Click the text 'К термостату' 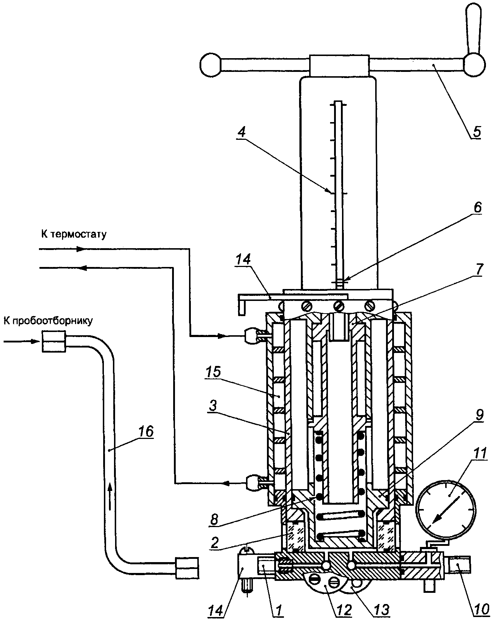click(x=74, y=235)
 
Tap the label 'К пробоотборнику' click(x=48, y=320)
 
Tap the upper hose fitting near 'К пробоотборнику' click(x=54, y=341)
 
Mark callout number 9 click(x=478, y=415)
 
